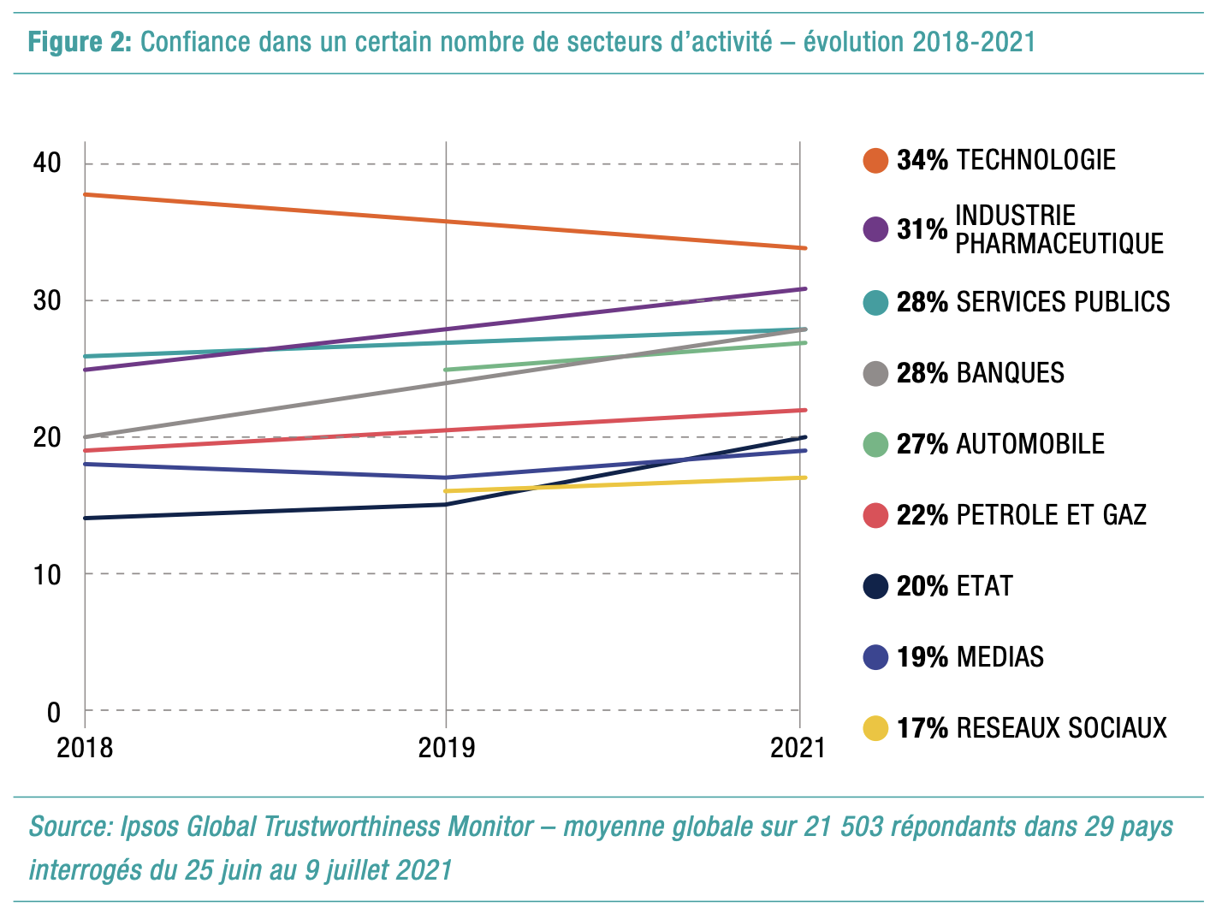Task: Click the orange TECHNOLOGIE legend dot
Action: coord(875,160)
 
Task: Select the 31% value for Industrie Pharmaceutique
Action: coord(922,229)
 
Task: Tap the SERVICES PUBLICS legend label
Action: coord(1063,302)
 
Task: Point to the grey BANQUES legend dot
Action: coord(875,373)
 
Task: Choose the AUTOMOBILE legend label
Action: coord(1030,444)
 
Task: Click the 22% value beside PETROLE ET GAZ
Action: coord(922,515)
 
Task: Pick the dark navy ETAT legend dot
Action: coord(875,586)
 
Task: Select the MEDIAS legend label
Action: coord(1000,657)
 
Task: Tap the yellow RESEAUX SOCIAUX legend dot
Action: coord(875,728)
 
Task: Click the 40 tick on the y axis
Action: coord(48,163)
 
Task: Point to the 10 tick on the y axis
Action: coord(48,574)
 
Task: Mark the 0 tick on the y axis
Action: coord(54,711)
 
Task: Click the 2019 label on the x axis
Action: coord(446,748)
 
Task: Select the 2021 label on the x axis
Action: coord(798,748)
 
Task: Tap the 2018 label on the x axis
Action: coord(85,748)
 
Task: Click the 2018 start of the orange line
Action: coord(86,195)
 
